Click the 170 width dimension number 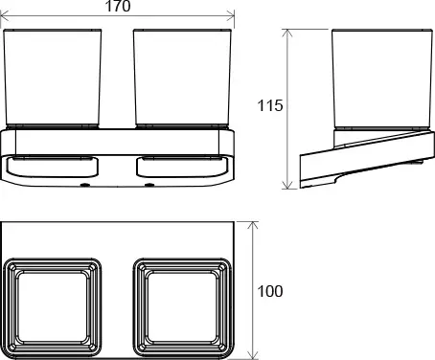(119, 9)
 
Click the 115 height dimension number (271, 106)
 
